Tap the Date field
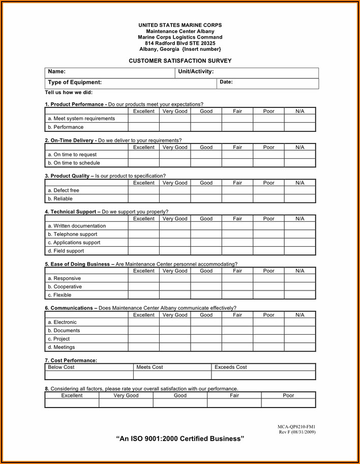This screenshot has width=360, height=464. (268, 83)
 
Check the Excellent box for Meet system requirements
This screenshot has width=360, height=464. (143, 119)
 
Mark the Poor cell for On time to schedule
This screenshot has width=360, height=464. (268, 163)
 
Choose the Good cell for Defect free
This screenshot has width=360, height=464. (206, 190)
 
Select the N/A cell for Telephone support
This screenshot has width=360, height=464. (299, 234)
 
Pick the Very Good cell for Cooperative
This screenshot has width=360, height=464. (175, 286)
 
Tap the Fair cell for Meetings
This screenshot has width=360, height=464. (237, 347)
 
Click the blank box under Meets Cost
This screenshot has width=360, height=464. (172, 375)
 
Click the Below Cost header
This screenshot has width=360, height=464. (61, 367)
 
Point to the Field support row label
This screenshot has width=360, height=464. (66, 251)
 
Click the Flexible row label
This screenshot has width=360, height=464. (59, 295)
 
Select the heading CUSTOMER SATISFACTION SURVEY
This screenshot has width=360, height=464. (180, 61)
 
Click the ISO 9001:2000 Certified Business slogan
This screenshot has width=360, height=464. (180, 439)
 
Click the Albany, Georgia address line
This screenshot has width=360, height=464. (180, 49)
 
